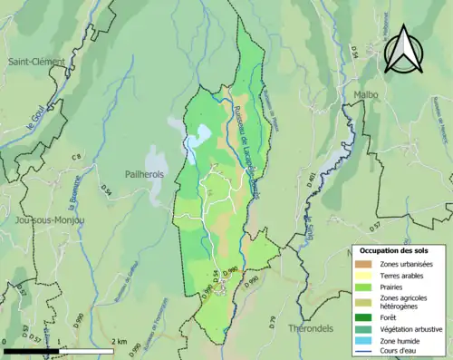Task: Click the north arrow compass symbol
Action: pyautogui.click(x=405, y=48)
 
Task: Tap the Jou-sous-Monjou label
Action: pyautogui.click(x=50, y=219)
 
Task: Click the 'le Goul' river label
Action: pyautogui.click(x=39, y=122)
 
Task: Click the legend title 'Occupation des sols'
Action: pyautogui.click(x=394, y=250)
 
